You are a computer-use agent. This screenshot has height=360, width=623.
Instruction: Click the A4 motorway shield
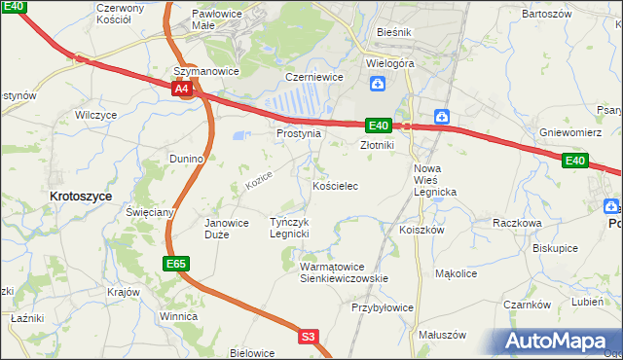click(x=181, y=89)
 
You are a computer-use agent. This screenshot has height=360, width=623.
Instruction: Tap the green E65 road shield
click(x=175, y=263)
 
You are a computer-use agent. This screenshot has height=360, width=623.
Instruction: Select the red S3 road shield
click(x=308, y=337)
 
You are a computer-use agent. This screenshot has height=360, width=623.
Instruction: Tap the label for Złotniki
click(x=377, y=145)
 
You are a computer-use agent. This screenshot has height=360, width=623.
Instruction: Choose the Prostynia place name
click(x=298, y=133)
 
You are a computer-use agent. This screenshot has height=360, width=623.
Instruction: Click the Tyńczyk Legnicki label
click(x=289, y=228)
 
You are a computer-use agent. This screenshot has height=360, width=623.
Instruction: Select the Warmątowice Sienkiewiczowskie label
click(x=344, y=271)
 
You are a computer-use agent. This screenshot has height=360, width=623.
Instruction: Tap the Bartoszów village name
click(x=546, y=15)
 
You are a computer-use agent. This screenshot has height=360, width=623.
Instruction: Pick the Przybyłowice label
click(x=383, y=307)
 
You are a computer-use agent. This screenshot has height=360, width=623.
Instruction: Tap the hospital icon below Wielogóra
click(x=377, y=84)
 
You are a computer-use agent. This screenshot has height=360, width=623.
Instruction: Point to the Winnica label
click(x=179, y=316)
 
